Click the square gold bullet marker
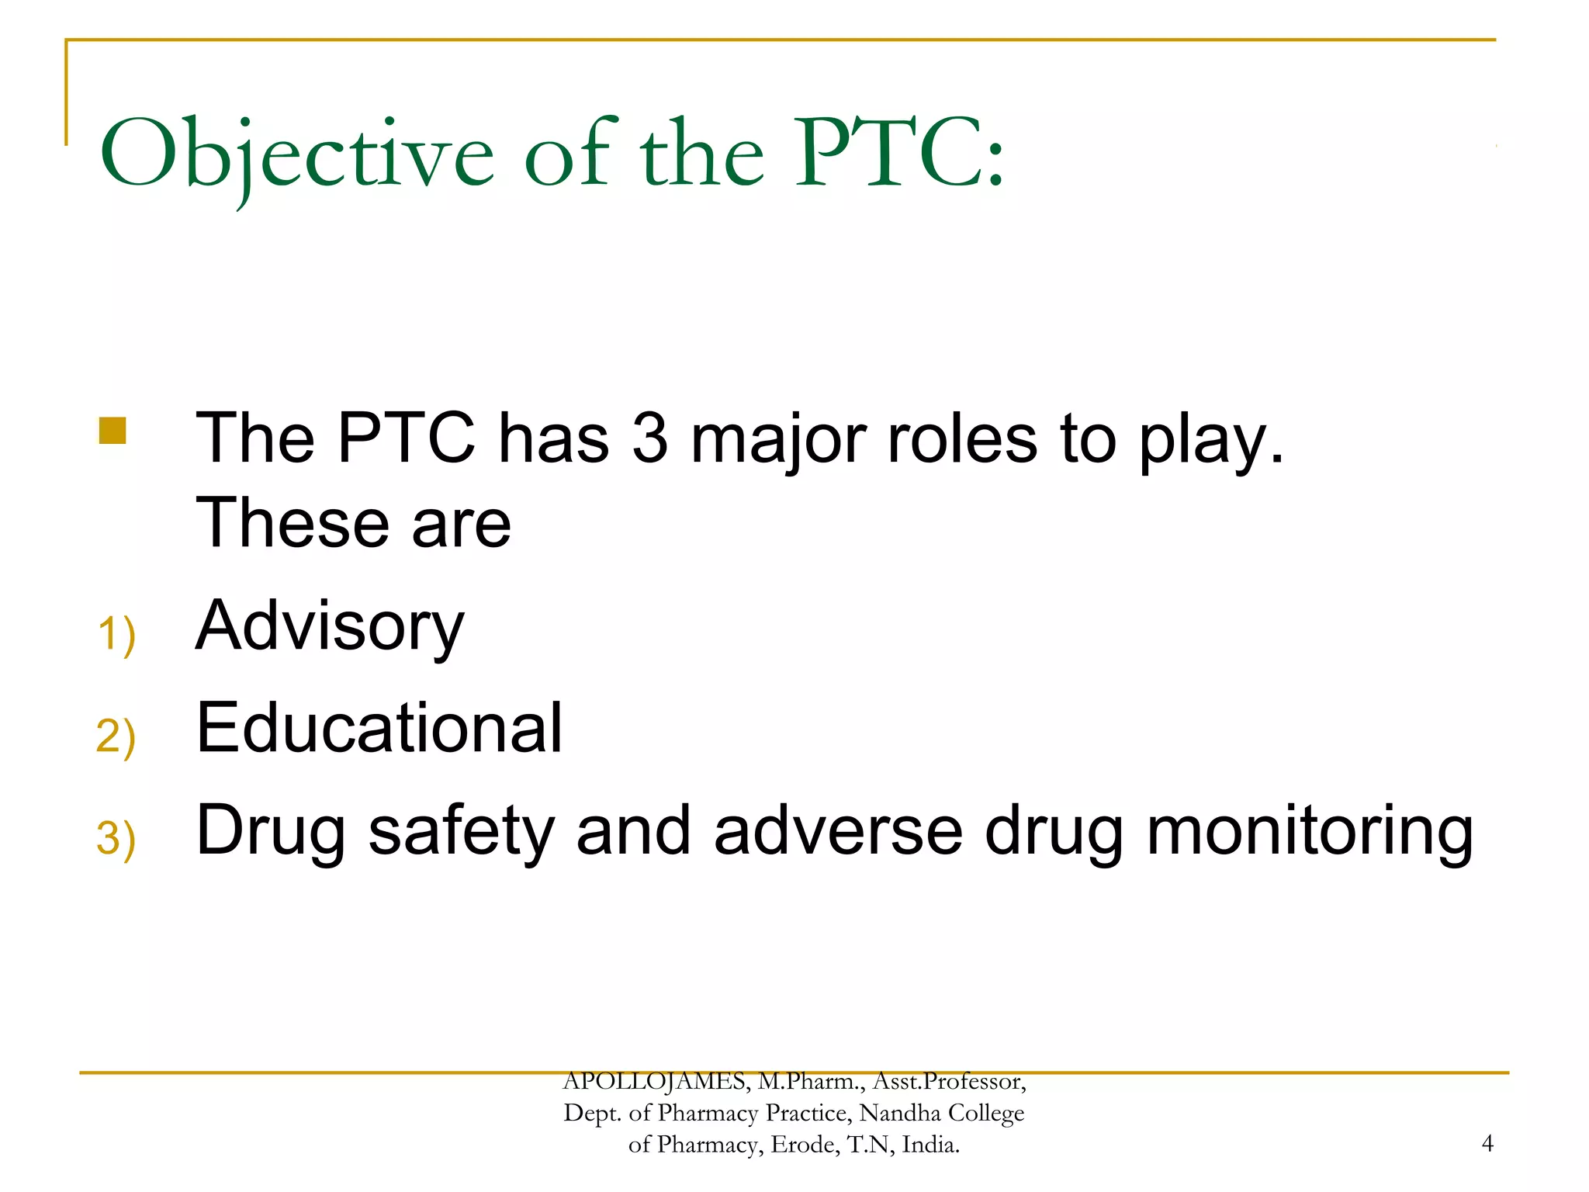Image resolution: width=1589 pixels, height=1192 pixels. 113,431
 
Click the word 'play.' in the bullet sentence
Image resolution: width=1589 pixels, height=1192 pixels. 1211,441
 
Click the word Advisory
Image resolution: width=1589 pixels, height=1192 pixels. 330,627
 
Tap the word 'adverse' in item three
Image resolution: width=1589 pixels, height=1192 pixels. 838,832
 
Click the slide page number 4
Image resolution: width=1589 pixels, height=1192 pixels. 1487,1143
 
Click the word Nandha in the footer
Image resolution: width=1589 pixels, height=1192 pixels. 900,1113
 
